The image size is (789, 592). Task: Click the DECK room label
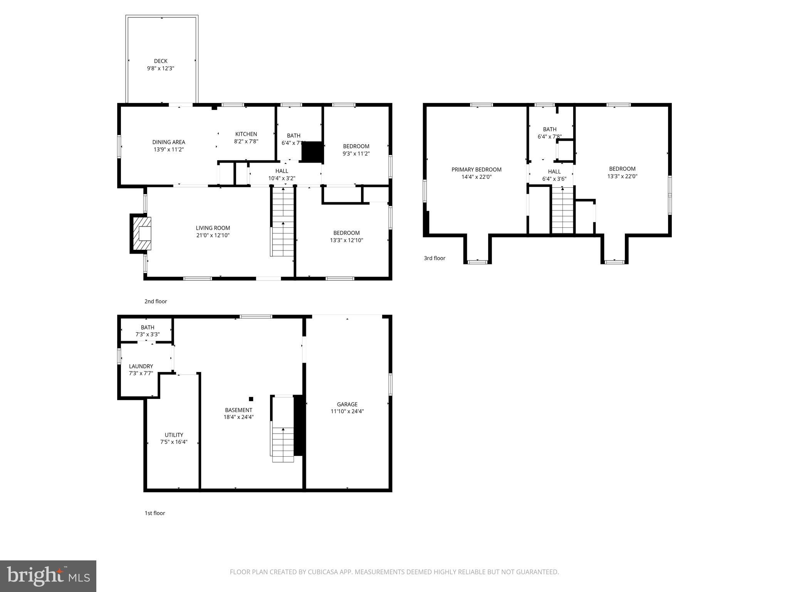(x=161, y=61)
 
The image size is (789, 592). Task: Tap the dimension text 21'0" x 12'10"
(x=213, y=235)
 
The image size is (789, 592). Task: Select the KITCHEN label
(x=246, y=134)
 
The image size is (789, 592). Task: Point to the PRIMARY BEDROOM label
(x=476, y=170)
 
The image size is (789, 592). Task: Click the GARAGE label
(x=347, y=404)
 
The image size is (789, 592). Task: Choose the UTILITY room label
(x=174, y=435)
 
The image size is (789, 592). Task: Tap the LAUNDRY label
(x=141, y=366)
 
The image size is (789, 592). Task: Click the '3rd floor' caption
(x=435, y=258)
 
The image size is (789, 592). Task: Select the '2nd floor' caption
(x=156, y=301)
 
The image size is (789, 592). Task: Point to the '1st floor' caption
(x=155, y=513)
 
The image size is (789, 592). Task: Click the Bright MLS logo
(x=48, y=576)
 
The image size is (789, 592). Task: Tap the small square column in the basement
(x=251, y=399)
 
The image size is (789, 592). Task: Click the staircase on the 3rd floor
(x=562, y=210)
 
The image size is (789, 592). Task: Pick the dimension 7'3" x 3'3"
(x=148, y=335)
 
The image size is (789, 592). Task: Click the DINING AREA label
(x=169, y=142)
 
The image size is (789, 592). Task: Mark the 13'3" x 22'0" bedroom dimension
(x=622, y=176)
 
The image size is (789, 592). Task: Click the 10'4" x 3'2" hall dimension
(x=282, y=178)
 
